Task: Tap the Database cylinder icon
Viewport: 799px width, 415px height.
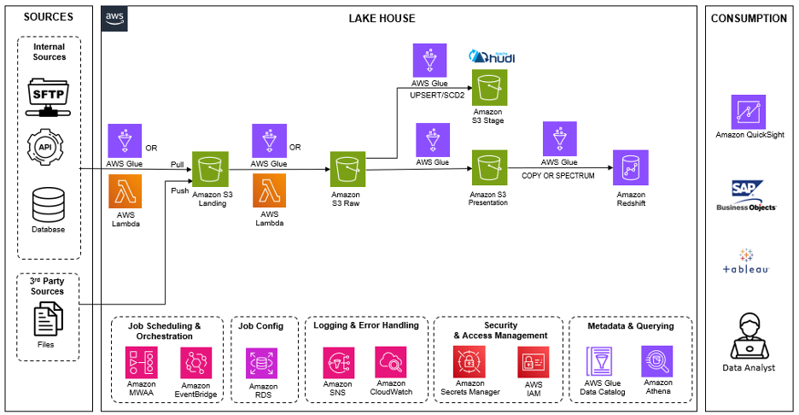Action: click(x=49, y=204)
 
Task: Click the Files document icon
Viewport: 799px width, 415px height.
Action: click(x=49, y=321)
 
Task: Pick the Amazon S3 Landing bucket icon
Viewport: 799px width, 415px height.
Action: click(x=212, y=169)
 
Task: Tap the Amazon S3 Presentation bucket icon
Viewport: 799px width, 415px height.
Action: click(x=487, y=169)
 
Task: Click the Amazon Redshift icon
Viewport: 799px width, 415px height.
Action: click(x=631, y=169)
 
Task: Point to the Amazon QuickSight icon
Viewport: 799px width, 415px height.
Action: click(x=749, y=111)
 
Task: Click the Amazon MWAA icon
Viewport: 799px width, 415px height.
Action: click(x=142, y=362)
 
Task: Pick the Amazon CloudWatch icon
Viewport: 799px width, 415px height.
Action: click(x=391, y=362)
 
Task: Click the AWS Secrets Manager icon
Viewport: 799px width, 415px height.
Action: click(x=469, y=362)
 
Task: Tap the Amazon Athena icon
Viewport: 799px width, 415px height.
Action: click(x=656, y=361)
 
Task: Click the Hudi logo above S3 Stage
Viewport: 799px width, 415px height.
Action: click(x=492, y=57)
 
